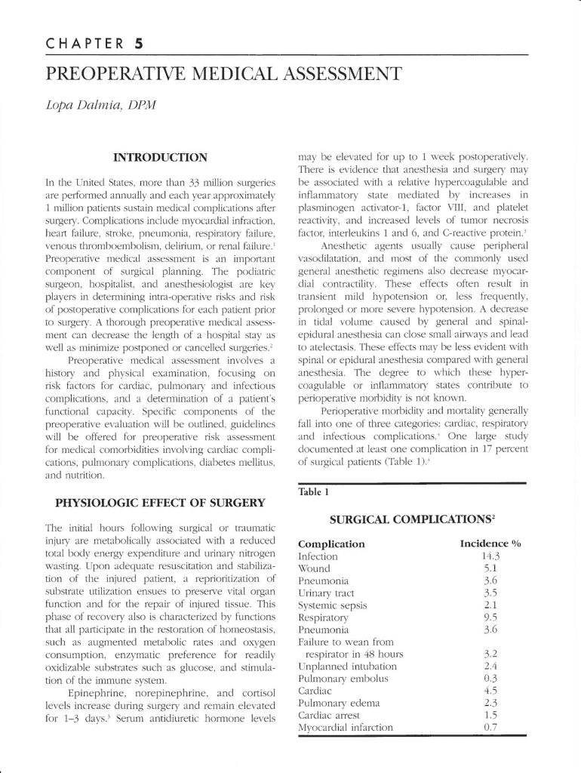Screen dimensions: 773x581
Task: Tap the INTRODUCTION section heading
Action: [159, 158]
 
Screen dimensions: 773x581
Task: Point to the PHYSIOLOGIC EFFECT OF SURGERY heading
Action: [160, 503]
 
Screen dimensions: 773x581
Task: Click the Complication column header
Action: [331, 544]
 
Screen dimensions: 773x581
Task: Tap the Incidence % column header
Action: [491, 544]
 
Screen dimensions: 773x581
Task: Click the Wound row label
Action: [315, 568]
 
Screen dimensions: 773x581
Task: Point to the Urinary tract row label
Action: [326, 593]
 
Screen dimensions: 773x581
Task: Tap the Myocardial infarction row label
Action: [346, 728]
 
